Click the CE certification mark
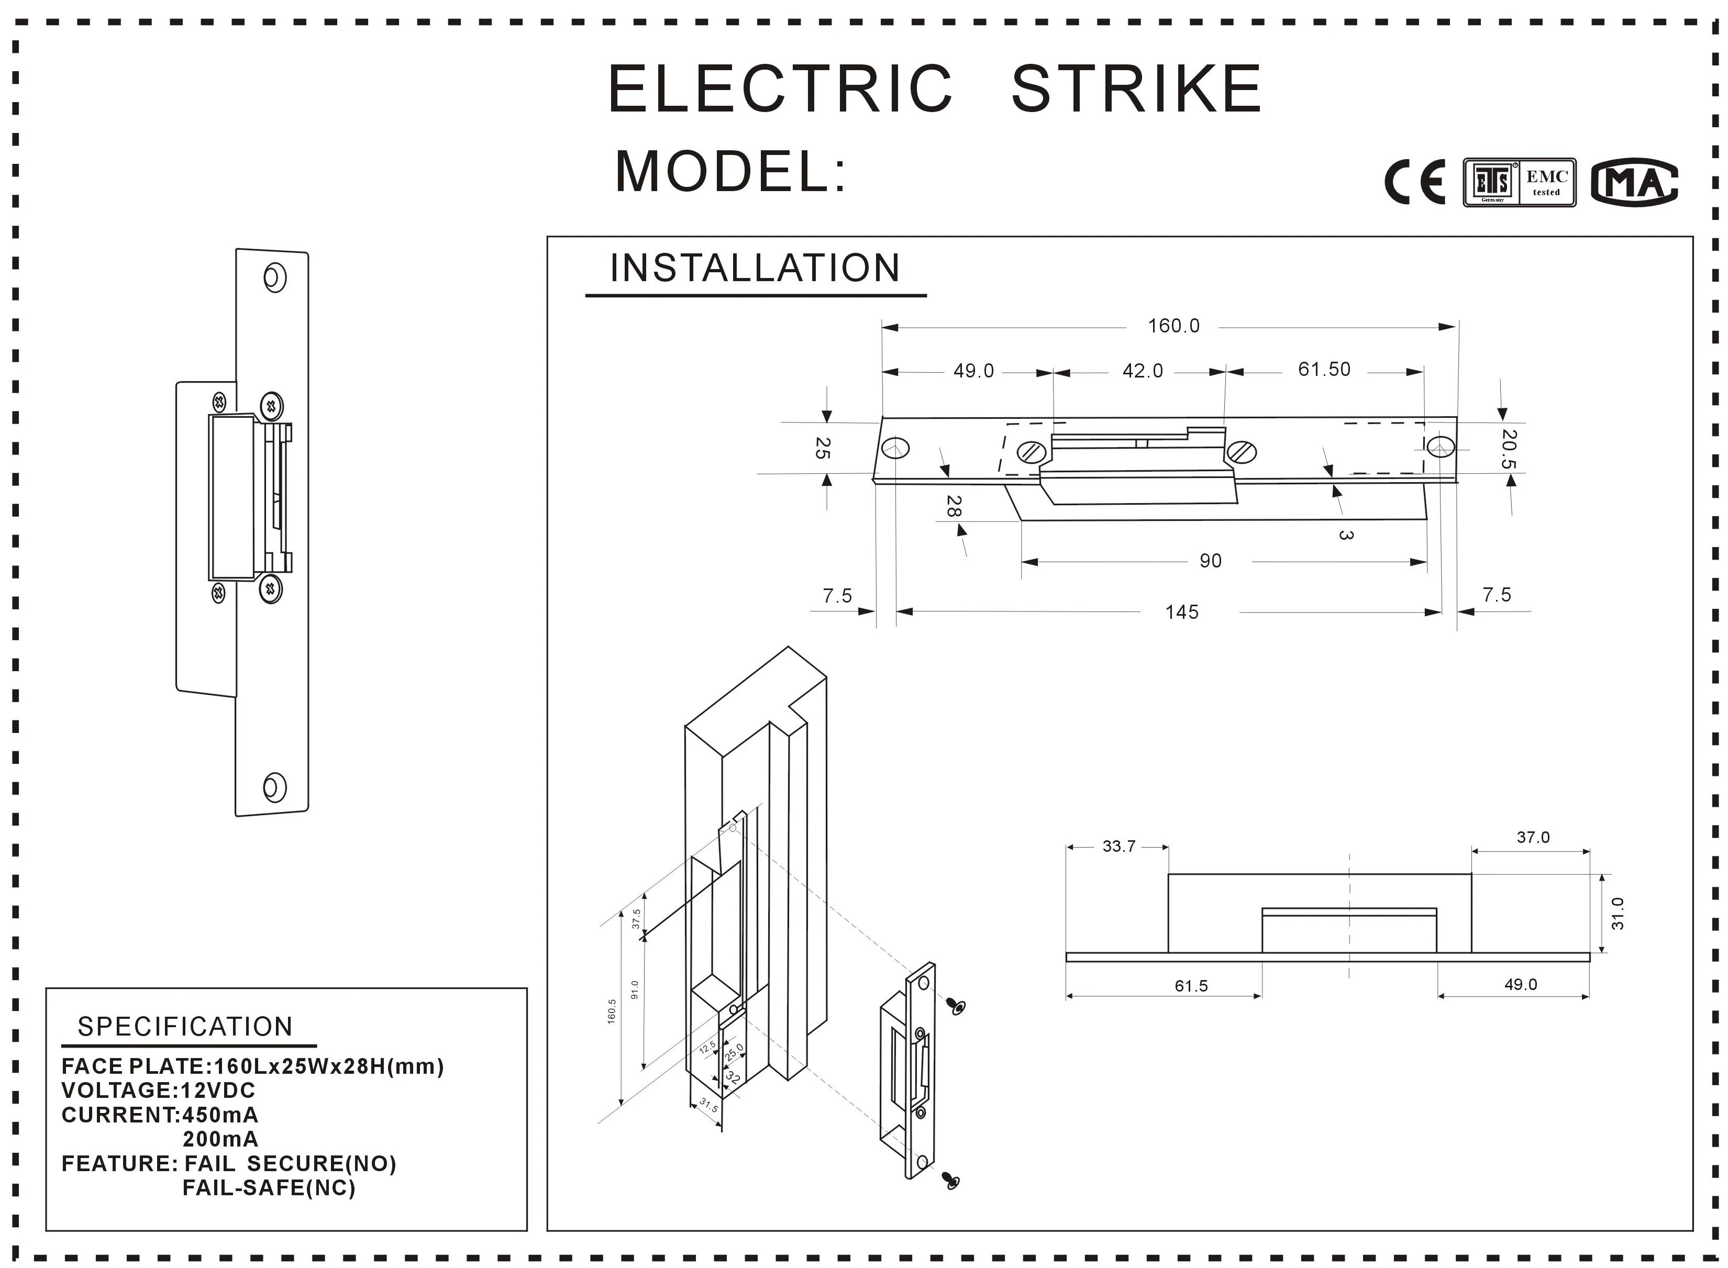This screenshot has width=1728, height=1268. click(1414, 182)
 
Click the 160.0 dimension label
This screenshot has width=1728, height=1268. click(1173, 326)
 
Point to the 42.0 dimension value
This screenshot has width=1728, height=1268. click(1142, 372)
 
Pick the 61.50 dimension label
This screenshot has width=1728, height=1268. click(1323, 369)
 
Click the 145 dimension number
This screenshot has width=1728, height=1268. click(1181, 611)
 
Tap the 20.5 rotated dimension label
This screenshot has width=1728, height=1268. click(1509, 449)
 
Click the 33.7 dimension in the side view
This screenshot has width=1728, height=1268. click(1118, 847)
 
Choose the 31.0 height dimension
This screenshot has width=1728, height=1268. click(1618, 914)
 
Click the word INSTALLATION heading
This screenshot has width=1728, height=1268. click(755, 268)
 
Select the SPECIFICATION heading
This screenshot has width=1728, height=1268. click(185, 1026)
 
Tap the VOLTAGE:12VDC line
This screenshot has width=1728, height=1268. click(158, 1090)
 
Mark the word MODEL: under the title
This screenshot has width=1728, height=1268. click(730, 171)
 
